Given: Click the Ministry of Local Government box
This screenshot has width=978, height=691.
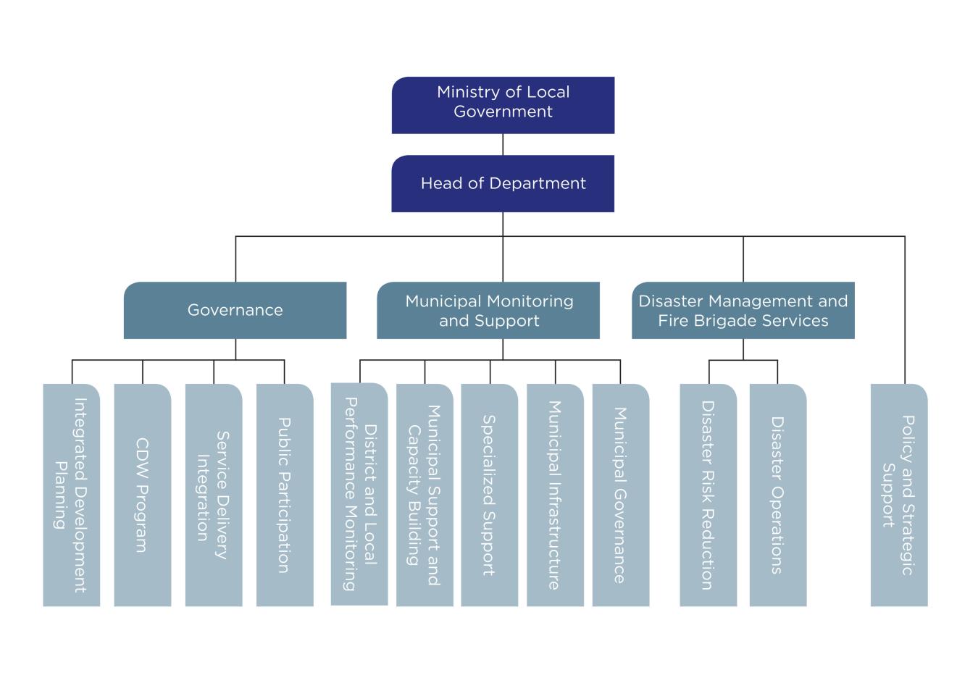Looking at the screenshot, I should click(503, 105).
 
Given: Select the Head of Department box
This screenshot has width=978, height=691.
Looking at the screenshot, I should click(503, 183).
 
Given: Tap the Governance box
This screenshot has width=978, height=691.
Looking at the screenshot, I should click(235, 310).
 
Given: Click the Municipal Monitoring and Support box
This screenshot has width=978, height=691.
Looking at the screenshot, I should click(488, 310).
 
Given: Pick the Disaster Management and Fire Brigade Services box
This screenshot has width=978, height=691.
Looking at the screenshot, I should click(743, 310).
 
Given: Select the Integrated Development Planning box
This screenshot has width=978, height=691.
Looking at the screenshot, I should click(71, 495).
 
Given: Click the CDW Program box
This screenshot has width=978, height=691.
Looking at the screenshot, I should click(142, 495).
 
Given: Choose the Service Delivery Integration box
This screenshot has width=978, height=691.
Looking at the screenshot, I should click(213, 495).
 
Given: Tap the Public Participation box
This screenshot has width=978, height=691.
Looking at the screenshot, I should click(285, 495).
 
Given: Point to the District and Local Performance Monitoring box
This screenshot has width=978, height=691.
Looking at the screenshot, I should click(359, 494).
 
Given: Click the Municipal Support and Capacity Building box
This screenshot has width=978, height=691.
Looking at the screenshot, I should click(425, 495).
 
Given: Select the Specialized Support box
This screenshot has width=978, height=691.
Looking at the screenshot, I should click(489, 495).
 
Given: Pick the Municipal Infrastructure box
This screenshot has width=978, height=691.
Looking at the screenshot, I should click(555, 495).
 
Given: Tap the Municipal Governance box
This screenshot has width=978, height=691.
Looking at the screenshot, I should click(620, 495).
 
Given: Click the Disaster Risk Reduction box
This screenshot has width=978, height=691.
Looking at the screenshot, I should click(708, 495).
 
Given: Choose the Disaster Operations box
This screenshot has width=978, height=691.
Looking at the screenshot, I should click(777, 495).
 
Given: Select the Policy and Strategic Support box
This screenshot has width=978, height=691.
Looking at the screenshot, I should click(898, 495).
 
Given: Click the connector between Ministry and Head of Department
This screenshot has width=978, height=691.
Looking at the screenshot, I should click(503, 144).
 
